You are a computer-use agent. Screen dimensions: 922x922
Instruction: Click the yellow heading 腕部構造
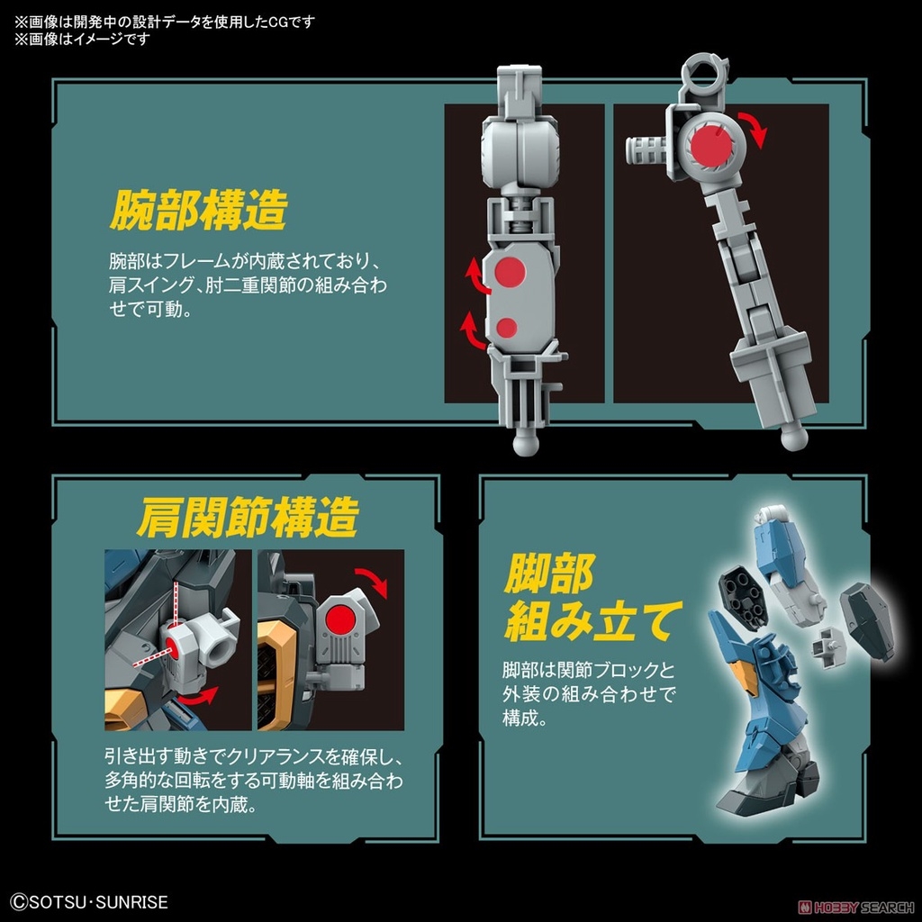[198, 211]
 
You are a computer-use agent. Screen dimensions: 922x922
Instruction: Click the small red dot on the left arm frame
[507, 326]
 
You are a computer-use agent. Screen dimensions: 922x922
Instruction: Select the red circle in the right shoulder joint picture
[342, 621]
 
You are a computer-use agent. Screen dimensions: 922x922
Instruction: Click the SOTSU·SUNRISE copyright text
[90, 901]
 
